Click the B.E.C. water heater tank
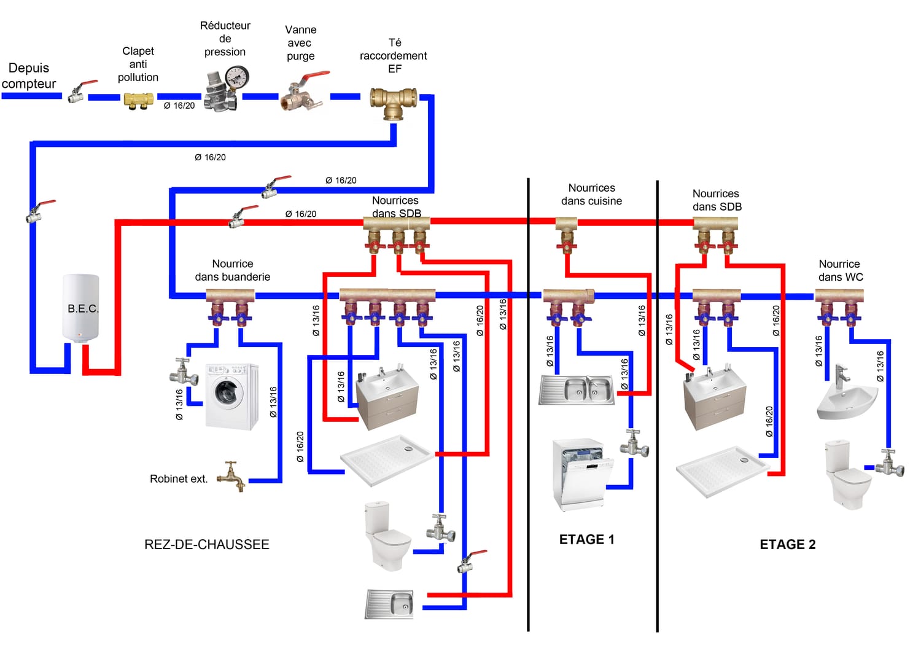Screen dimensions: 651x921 coord(80,308)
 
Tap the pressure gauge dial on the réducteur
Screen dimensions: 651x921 coord(237,77)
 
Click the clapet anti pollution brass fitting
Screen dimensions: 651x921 coord(138,100)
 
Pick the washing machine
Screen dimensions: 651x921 coord(231,396)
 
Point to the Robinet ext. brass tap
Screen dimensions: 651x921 coord(234,475)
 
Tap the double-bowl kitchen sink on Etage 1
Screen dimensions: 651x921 coord(577,389)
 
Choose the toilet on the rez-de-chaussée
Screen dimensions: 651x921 coord(387,535)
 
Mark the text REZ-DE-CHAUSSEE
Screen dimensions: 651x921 coord(207,544)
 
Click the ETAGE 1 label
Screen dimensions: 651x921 coord(586,539)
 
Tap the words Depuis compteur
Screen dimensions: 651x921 coord(29,76)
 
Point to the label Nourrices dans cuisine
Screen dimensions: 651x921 coord(591,194)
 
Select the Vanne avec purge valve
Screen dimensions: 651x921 coord(301,94)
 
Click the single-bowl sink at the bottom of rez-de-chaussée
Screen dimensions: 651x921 coord(390,604)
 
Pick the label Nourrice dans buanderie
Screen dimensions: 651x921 coord(233,270)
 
